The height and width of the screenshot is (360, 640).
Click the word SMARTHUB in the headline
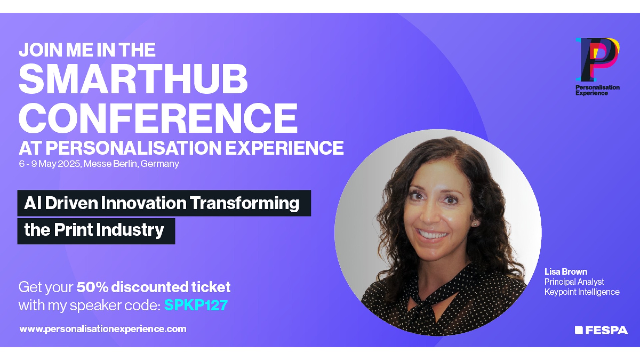(x=133, y=79)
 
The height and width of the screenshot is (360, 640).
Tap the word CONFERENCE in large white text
(x=158, y=118)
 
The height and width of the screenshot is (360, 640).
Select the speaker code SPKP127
(x=196, y=305)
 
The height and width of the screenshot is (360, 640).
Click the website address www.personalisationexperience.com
(x=103, y=329)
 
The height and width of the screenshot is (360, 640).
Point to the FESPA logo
(x=601, y=330)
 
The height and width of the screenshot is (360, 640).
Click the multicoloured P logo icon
(x=597, y=59)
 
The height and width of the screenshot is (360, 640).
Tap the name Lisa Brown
(x=566, y=272)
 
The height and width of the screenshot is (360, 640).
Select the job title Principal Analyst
(x=574, y=282)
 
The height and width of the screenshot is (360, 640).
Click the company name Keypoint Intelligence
(x=582, y=292)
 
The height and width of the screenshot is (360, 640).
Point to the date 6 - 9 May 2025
(x=50, y=164)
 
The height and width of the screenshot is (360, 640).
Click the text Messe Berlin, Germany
(x=131, y=164)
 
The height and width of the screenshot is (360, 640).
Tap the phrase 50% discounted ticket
(x=153, y=287)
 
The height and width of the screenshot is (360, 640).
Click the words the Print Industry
(x=94, y=230)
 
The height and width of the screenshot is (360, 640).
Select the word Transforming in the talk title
(x=245, y=203)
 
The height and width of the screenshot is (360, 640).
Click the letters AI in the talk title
(x=33, y=203)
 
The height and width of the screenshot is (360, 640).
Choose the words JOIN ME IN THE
(x=87, y=50)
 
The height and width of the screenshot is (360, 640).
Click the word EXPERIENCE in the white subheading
(x=284, y=148)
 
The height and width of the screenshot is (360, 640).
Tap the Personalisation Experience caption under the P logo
(x=597, y=90)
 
